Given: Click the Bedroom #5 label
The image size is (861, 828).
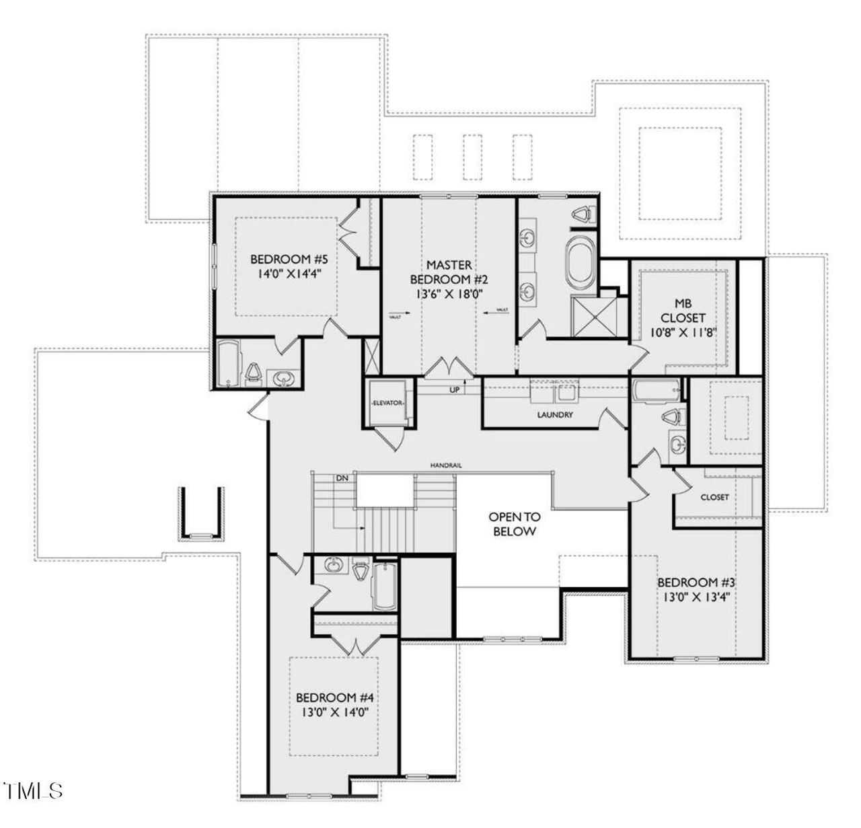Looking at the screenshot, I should click(x=289, y=259).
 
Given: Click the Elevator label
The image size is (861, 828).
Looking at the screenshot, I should click(x=387, y=404).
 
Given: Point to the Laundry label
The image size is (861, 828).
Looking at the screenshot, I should click(x=555, y=415).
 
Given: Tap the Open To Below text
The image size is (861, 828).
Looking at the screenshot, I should click(x=514, y=524).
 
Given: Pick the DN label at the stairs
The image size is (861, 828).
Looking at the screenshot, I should click(x=342, y=478).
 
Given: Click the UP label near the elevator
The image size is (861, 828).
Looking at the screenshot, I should click(x=455, y=389).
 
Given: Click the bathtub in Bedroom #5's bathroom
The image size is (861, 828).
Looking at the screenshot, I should click(x=228, y=364).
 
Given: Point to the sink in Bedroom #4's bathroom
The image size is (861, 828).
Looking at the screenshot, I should click(x=333, y=566).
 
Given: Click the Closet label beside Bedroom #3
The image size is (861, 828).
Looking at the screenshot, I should click(x=714, y=497).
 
